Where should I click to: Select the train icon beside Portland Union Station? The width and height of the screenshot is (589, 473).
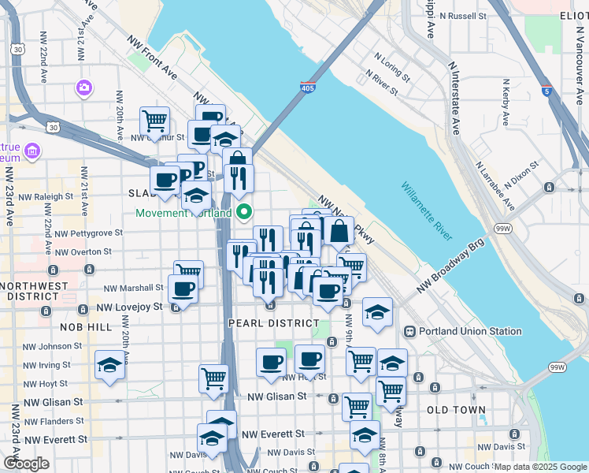click(409, 332)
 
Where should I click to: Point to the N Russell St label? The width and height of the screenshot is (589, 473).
click(464, 15)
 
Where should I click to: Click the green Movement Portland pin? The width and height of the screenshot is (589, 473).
click(244, 211)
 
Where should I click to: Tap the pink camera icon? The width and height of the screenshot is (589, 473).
click(83, 87)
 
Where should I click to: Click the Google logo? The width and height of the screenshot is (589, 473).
click(26, 464)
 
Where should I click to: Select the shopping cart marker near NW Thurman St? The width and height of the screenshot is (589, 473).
click(155, 121)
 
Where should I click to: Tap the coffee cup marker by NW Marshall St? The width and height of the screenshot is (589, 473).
click(183, 289)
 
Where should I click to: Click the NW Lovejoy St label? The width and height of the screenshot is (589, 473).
click(129, 307)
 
